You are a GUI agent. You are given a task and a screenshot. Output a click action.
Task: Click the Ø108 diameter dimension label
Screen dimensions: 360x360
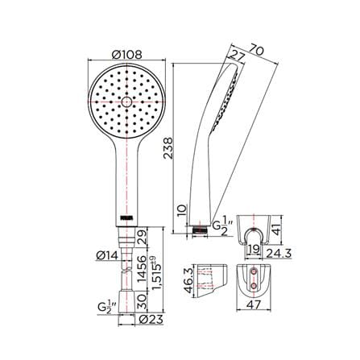127,55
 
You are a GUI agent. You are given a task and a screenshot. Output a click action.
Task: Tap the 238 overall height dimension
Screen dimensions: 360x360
168,148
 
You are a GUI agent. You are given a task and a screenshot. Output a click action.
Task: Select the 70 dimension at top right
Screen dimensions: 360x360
257,50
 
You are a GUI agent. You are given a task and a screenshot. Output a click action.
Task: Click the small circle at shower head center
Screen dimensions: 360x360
126,102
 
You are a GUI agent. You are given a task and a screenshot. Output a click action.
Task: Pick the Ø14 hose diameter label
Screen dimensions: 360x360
107,255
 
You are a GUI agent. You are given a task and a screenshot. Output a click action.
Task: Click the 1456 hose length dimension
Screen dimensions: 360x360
142,269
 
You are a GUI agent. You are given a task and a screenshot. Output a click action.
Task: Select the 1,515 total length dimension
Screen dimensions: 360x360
157,276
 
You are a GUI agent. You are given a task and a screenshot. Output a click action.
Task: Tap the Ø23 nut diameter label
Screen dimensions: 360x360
151,320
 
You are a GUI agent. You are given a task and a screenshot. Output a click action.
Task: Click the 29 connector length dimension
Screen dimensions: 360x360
142,237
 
